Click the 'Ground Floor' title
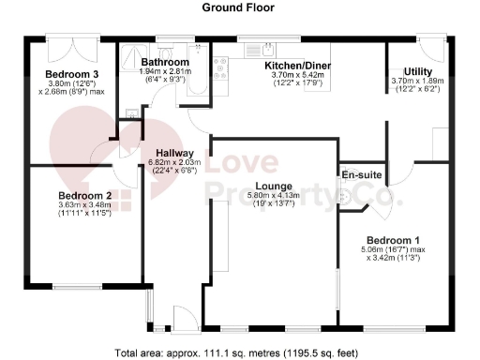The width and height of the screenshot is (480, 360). click(x=239, y=7)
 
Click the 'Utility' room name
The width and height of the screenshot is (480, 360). click(x=417, y=71)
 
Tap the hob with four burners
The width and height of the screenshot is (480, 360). click(x=223, y=65)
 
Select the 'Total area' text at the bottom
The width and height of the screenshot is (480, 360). click(x=239, y=353)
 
